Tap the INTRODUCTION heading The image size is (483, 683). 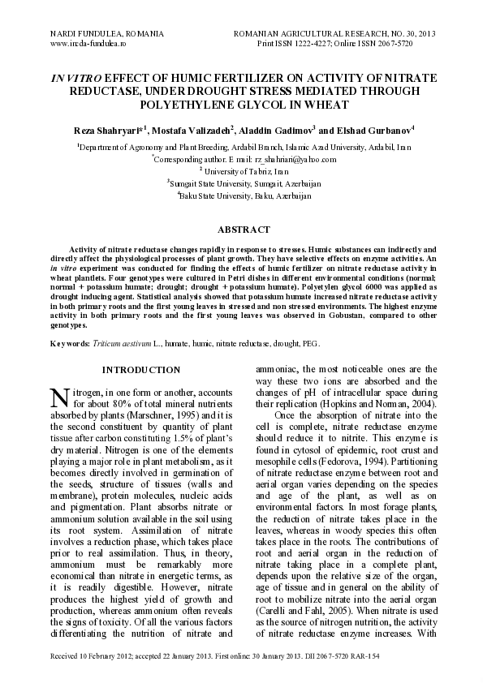click(x=141, y=370)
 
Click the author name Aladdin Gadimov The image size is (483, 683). click(x=276, y=130)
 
